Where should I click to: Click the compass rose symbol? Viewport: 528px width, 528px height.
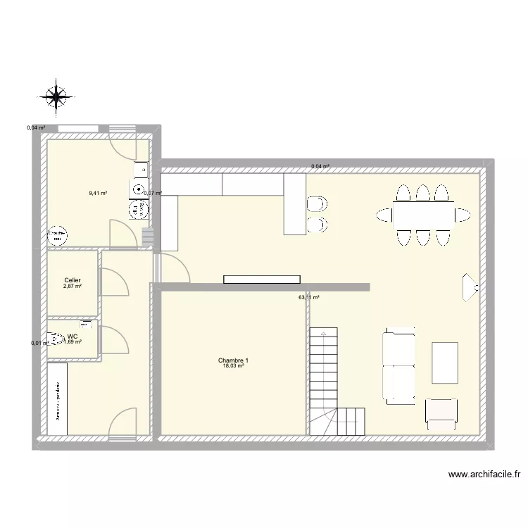click(x=57, y=97)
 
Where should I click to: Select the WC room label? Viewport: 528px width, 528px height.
click(x=73, y=337)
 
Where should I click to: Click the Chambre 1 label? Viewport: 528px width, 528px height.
click(x=233, y=360)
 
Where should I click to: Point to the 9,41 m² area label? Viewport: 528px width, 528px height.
click(x=98, y=191)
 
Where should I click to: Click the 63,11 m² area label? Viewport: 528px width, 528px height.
click(x=309, y=298)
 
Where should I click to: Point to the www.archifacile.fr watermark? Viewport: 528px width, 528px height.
click(x=484, y=475)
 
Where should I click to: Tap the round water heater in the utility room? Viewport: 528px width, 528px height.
click(x=57, y=235)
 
